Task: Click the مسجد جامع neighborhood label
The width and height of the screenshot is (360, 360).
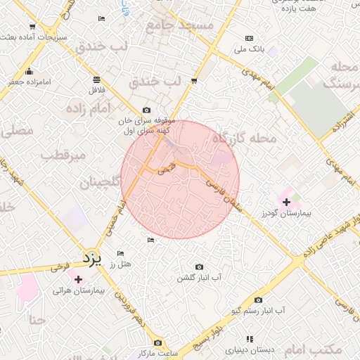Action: [179, 26]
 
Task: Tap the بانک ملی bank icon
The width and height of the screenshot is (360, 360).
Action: [250, 38]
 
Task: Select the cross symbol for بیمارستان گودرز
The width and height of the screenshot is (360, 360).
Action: [285, 202]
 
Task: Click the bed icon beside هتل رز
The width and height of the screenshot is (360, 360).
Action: [121, 253]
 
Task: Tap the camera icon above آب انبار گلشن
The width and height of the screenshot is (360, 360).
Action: [199, 266]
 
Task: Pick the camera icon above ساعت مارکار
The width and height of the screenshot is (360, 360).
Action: [157, 342]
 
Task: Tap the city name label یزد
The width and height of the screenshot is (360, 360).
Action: [92, 257]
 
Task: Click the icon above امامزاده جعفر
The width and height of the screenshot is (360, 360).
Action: [29, 71]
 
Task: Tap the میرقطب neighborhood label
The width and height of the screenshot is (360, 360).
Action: [63, 154]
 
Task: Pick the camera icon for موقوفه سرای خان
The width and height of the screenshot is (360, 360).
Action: [146, 110]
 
